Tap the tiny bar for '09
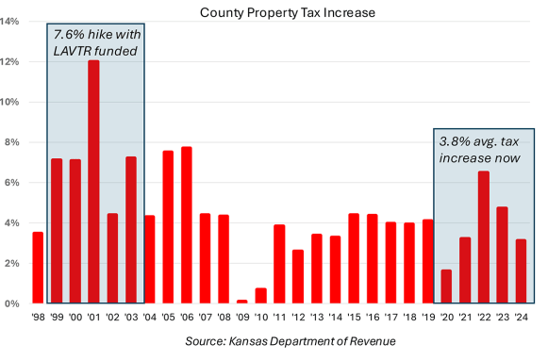(241, 302)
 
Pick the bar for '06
(186, 225)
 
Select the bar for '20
(446, 286)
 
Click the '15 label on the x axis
(353, 318)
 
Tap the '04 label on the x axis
(149, 318)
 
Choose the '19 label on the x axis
(427, 318)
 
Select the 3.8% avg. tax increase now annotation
(480, 149)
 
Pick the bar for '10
(260, 296)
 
